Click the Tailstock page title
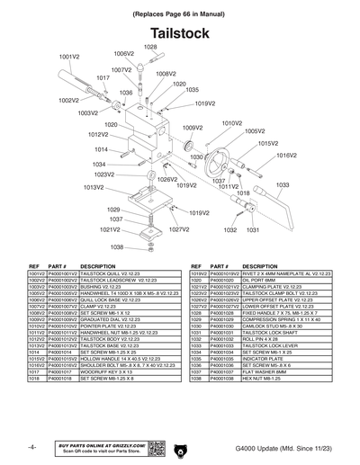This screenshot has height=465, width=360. coord(181,33)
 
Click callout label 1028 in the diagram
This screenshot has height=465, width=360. coord(150,47)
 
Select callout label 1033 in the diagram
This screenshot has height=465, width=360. coord(282,184)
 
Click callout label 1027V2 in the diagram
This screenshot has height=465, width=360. coord(178,229)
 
